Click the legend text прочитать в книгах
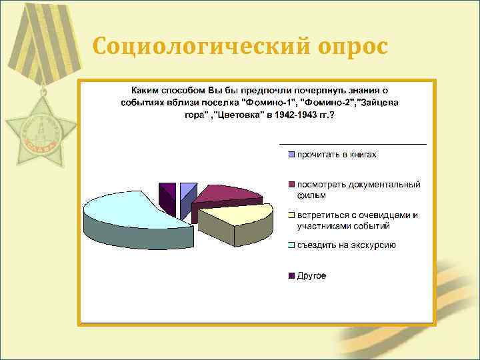tap(337, 155)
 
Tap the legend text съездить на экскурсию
tap(346, 245)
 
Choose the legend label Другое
tap(311, 275)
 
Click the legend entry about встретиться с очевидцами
tap(357, 220)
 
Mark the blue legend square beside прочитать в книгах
tap(291, 155)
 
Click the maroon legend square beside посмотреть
tap(291, 185)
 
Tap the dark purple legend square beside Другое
tap(291, 275)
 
